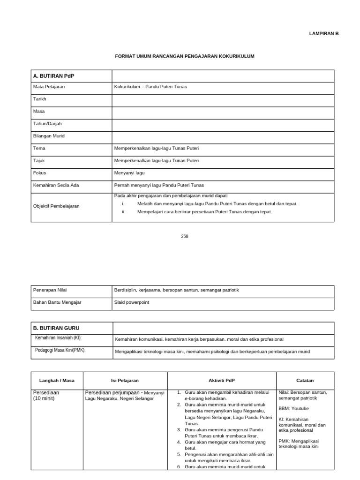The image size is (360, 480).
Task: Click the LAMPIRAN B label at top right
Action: (x=323, y=34)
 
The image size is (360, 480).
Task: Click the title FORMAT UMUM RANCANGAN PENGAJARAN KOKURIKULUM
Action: (x=185, y=56)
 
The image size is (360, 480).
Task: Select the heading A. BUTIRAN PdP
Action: (x=50, y=76)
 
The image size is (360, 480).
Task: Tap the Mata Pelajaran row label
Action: (x=49, y=87)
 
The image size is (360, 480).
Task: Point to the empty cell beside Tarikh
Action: (x=223, y=99)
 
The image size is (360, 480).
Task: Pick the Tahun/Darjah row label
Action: (x=47, y=124)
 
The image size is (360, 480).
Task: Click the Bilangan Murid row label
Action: (x=49, y=136)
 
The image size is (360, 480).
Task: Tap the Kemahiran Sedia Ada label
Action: (x=56, y=185)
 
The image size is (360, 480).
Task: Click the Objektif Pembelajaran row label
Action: (x=56, y=206)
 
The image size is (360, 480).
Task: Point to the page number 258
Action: (x=185, y=237)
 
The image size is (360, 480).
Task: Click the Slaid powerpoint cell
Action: (x=132, y=302)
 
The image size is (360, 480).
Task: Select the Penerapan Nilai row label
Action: (x=50, y=290)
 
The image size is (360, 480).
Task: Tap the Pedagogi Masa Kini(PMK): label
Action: (x=60, y=351)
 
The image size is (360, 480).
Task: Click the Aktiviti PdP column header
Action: (x=221, y=381)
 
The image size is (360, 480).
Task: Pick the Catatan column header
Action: (x=305, y=381)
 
